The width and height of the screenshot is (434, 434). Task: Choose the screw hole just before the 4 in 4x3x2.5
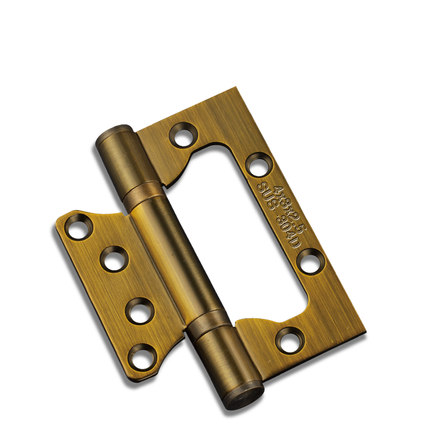258,164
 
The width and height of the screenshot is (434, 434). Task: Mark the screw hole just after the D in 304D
311,261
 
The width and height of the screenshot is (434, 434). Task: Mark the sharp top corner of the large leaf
236,88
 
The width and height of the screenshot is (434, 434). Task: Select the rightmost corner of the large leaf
366,334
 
